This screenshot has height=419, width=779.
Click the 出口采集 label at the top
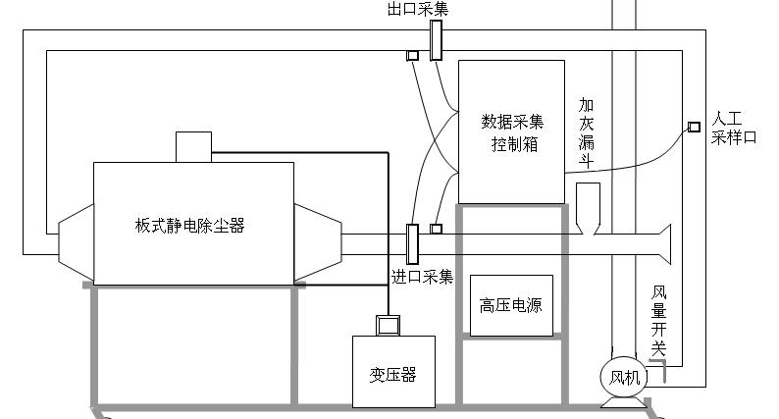click(418, 10)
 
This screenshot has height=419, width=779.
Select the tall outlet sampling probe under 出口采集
click(436, 39)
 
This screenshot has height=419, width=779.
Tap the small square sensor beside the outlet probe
click(413, 56)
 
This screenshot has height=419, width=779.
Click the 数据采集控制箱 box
click(511, 131)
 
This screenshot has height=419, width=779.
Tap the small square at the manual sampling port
click(694, 127)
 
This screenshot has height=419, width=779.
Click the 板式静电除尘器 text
click(189, 225)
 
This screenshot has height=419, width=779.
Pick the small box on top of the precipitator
click(192, 147)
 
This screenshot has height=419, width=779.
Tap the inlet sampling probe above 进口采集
click(413, 242)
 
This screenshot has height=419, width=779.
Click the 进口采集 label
click(423, 278)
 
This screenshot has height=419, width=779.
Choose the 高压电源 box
click(510, 305)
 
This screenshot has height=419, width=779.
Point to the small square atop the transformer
click(389, 324)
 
